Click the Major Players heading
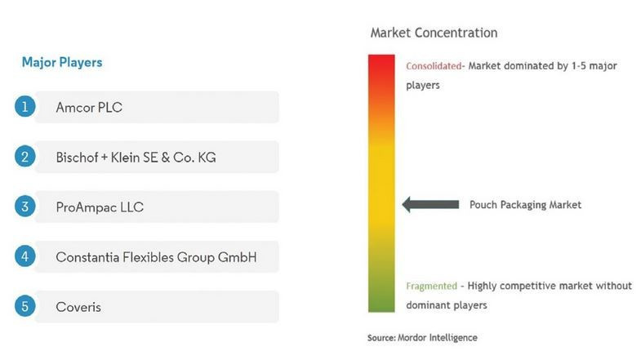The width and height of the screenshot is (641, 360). click(x=62, y=63)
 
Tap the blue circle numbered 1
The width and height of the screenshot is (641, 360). click(x=25, y=107)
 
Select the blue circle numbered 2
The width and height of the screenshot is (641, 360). click(x=25, y=157)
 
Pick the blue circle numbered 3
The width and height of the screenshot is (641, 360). click(x=25, y=207)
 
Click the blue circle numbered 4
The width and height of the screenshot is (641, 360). click(x=25, y=256)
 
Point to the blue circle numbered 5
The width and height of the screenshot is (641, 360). click(x=25, y=306)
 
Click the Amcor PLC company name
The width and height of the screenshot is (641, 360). click(x=89, y=108)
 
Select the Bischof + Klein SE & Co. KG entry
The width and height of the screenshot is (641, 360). click(x=136, y=158)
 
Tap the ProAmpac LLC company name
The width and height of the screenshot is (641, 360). click(x=100, y=207)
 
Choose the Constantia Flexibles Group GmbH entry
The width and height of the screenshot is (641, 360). click(x=156, y=257)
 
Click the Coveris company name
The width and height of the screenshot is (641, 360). click(x=78, y=307)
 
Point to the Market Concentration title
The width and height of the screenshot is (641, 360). click(x=434, y=33)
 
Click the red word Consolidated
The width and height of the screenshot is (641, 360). click(x=434, y=66)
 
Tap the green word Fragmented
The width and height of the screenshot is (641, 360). click(x=431, y=286)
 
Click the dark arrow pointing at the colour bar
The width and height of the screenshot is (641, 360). click(x=430, y=204)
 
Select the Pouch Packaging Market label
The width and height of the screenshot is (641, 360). click(x=525, y=205)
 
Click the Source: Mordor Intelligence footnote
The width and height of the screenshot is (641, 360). click(x=422, y=337)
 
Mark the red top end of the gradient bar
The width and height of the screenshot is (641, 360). click(x=381, y=56)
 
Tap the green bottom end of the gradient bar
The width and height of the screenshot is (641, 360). click(x=381, y=311)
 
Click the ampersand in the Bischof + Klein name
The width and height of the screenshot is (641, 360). click(x=165, y=158)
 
